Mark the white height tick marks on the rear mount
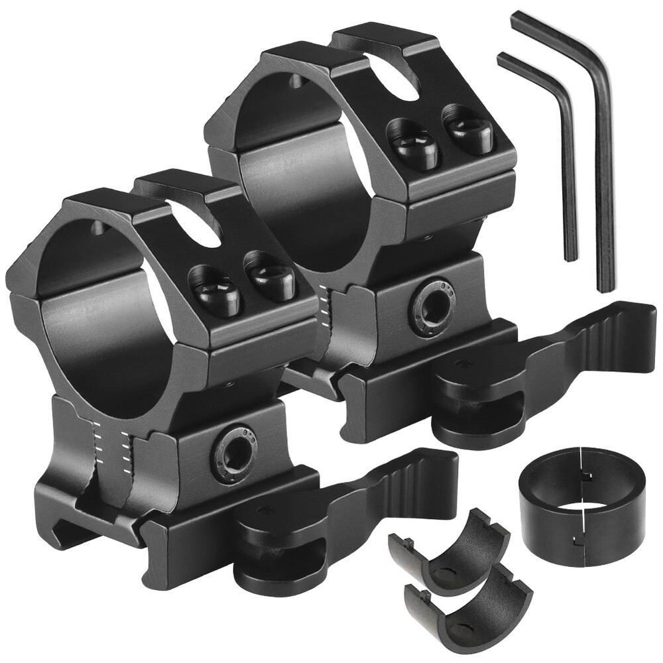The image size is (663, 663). pyautogui.click(x=324, y=302)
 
